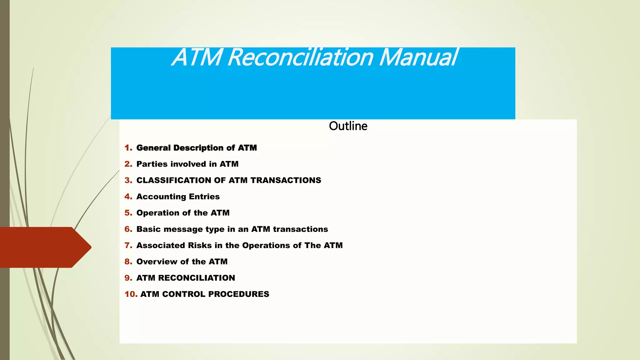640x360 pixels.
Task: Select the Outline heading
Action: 348,126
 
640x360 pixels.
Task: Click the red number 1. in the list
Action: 128,148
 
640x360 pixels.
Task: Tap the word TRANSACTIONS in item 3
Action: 286,180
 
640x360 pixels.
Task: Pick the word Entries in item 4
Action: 204,197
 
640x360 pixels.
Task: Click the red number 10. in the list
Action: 131,294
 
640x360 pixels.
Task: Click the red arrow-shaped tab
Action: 44,247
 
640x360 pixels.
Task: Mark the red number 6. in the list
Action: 128,229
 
